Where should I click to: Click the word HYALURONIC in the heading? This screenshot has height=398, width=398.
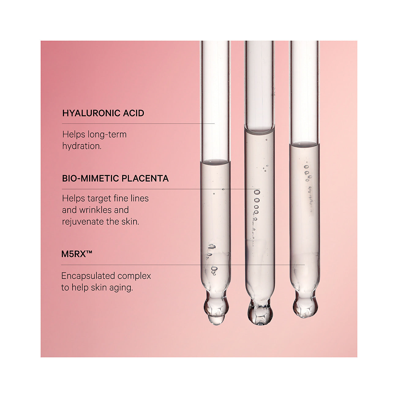click(x=91, y=113)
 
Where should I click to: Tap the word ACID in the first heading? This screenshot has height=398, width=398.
click(x=133, y=113)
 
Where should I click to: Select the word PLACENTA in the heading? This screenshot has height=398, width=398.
click(x=145, y=178)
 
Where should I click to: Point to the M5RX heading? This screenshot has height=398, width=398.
click(x=77, y=254)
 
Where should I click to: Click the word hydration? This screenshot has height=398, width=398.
click(x=82, y=146)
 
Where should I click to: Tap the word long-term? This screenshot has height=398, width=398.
click(x=107, y=135)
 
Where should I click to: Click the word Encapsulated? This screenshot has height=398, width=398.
click(x=85, y=276)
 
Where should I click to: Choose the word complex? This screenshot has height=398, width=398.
click(x=131, y=276)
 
